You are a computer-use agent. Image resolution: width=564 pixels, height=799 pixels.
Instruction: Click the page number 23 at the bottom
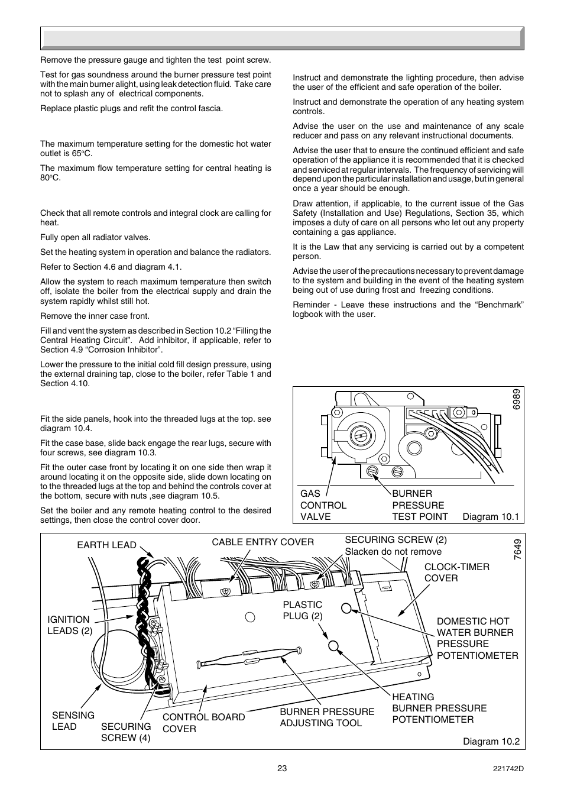coord(281,768)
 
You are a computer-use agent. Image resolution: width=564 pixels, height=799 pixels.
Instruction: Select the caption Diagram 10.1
coord(490,516)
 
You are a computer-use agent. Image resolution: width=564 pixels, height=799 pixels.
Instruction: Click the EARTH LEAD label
coord(106,545)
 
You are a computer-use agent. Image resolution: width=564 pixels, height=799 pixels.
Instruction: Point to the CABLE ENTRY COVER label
coord(262,542)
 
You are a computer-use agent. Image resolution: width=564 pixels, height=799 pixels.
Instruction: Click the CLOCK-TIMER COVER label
coord(456,572)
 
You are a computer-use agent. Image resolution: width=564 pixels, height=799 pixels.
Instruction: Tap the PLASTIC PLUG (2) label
coord(302,610)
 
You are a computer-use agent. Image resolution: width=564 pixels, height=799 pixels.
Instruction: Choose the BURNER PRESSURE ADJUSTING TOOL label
coord(327,717)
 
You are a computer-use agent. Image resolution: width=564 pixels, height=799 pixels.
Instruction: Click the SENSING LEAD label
coord(73,721)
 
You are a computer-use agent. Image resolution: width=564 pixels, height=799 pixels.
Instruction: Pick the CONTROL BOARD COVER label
coord(203,723)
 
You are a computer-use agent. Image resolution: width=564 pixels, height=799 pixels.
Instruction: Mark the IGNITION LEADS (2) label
coord(70,625)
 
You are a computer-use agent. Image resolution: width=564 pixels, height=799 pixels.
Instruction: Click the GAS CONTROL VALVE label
coord(323,505)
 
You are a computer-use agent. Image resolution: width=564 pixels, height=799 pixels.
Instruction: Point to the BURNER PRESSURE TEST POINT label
coord(420,505)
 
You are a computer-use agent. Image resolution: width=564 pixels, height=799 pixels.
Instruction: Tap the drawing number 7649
coord(517,551)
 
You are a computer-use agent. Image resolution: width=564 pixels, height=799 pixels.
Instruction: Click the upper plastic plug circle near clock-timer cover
coord(347,607)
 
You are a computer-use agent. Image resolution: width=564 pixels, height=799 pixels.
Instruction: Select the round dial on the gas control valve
coord(359,436)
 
